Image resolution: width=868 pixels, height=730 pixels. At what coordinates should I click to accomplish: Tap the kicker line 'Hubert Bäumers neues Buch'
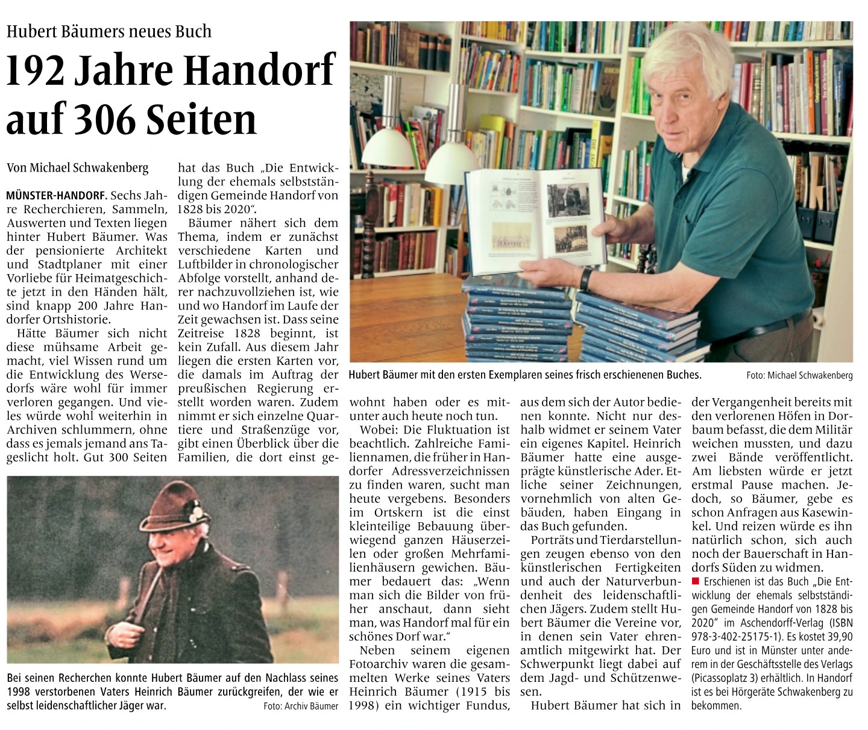click(x=109, y=31)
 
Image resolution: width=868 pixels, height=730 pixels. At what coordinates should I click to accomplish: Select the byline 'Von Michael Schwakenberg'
click(x=77, y=168)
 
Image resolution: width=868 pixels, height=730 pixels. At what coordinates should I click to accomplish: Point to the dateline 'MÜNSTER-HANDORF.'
click(x=57, y=196)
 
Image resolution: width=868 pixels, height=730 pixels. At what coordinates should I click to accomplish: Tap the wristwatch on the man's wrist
click(x=585, y=278)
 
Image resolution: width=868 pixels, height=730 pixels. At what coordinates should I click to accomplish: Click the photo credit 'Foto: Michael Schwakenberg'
click(x=799, y=375)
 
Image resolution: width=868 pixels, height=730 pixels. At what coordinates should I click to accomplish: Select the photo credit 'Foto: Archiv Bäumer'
click(x=301, y=706)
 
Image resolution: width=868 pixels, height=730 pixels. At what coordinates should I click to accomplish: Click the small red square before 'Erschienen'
click(x=696, y=581)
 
